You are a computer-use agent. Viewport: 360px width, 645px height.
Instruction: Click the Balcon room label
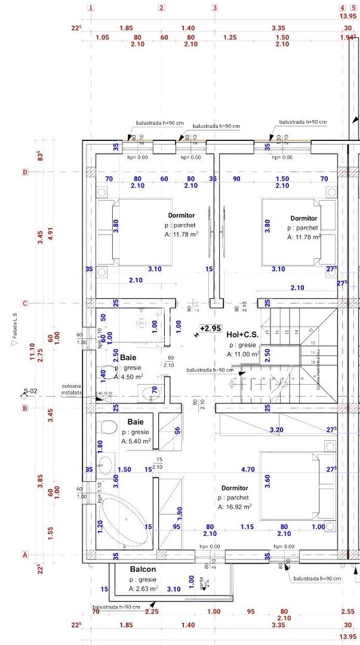[143, 569]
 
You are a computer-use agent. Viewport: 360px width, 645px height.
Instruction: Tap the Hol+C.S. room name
[241, 334]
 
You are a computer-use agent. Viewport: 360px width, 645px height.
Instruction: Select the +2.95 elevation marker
[210, 328]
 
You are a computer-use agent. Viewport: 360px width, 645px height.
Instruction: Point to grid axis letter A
[25, 554]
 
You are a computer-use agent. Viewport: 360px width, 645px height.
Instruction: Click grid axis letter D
[25, 173]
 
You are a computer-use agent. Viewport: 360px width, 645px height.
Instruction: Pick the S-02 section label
[30, 392]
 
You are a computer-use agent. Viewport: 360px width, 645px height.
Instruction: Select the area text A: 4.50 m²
[136, 376]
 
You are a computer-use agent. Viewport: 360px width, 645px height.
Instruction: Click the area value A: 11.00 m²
[242, 354]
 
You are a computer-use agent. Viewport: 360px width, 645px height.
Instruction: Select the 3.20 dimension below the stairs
[276, 429]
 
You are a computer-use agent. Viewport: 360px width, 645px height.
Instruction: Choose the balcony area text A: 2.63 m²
[143, 589]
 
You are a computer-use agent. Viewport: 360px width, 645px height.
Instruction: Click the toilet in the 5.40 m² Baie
[108, 428]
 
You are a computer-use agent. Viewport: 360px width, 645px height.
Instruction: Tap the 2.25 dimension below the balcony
[152, 612]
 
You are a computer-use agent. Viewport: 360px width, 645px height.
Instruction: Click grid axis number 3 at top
[214, 8]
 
